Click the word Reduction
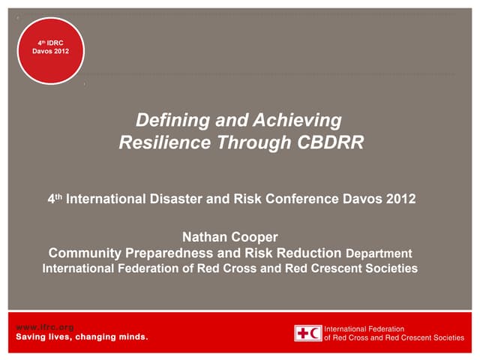click(307, 253)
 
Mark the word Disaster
click(178, 201)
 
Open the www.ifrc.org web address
click(45, 327)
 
